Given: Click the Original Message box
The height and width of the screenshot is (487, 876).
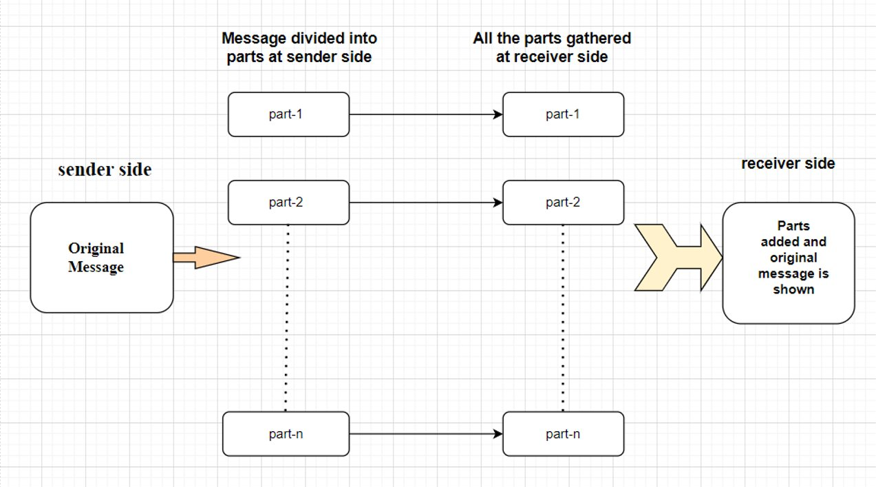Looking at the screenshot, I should pyautogui.click(x=101, y=257).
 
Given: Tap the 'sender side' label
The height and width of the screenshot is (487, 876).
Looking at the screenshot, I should pyautogui.click(x=105, y=169).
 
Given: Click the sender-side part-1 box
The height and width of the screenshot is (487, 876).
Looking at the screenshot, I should pyautogui.click(x=288, y=114).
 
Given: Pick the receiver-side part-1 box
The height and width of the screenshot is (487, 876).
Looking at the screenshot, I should pyautogui.click(x=563, y=114).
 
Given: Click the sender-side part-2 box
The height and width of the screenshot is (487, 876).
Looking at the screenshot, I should pyautogui.click(x=288, y=203).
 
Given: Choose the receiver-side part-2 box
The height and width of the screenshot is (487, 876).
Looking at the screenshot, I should pyautogui.click(x=563, y=203).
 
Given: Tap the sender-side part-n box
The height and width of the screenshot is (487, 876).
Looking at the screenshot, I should pyautogui.click(x=286, y=434).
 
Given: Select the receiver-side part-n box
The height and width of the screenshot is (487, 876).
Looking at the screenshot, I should pyautogui.click(x=563, y=434).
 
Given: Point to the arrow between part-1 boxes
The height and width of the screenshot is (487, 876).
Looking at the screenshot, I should pyautogui.click(x=425, y=114).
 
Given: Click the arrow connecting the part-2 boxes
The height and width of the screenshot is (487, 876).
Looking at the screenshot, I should pyautogui.click(x=425, y=203).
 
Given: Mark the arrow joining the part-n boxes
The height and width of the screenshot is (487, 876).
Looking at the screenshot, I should pyautogui.click(x=425, y=434).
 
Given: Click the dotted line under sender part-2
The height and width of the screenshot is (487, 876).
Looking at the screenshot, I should pyautogui.click(x=286, y=317).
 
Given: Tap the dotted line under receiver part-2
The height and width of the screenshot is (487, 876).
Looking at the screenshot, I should pyautogui.click(x=563, y=317).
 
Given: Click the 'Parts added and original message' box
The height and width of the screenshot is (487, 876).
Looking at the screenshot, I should pyautogui.click(x=788, y=262).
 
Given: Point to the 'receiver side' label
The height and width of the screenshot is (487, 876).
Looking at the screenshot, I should pyautogui.click(x=788, y=163).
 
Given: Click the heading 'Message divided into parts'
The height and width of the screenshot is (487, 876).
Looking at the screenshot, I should pyautogui.click(x=299, y=47).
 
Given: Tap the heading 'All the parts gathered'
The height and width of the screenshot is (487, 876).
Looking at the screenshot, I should pyautogui.click(x=551, y=47).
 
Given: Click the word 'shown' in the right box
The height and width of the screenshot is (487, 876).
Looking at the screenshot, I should pyautogui.click(x=793, y=289).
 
